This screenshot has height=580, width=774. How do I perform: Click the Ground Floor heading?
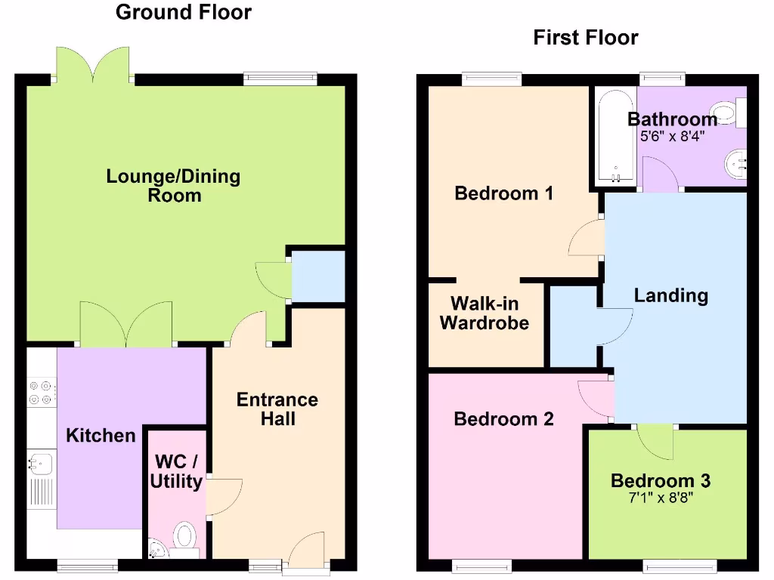point(184,12)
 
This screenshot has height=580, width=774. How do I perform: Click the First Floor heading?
point(586,37)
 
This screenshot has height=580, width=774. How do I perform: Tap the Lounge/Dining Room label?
point(173,186)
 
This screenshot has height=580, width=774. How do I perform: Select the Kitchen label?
point(101,435)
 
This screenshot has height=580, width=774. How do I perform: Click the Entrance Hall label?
point(277,409)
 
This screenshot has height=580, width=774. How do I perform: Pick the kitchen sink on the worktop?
point(39,462)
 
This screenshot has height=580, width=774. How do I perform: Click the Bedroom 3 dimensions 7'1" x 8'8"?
point(660,498)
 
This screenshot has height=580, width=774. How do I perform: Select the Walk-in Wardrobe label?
point(484,313)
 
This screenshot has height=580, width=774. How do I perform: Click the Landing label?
point(670,295)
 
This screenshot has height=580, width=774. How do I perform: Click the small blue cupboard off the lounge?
point(318,276)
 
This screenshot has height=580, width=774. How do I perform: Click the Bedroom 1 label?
point(503,193)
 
